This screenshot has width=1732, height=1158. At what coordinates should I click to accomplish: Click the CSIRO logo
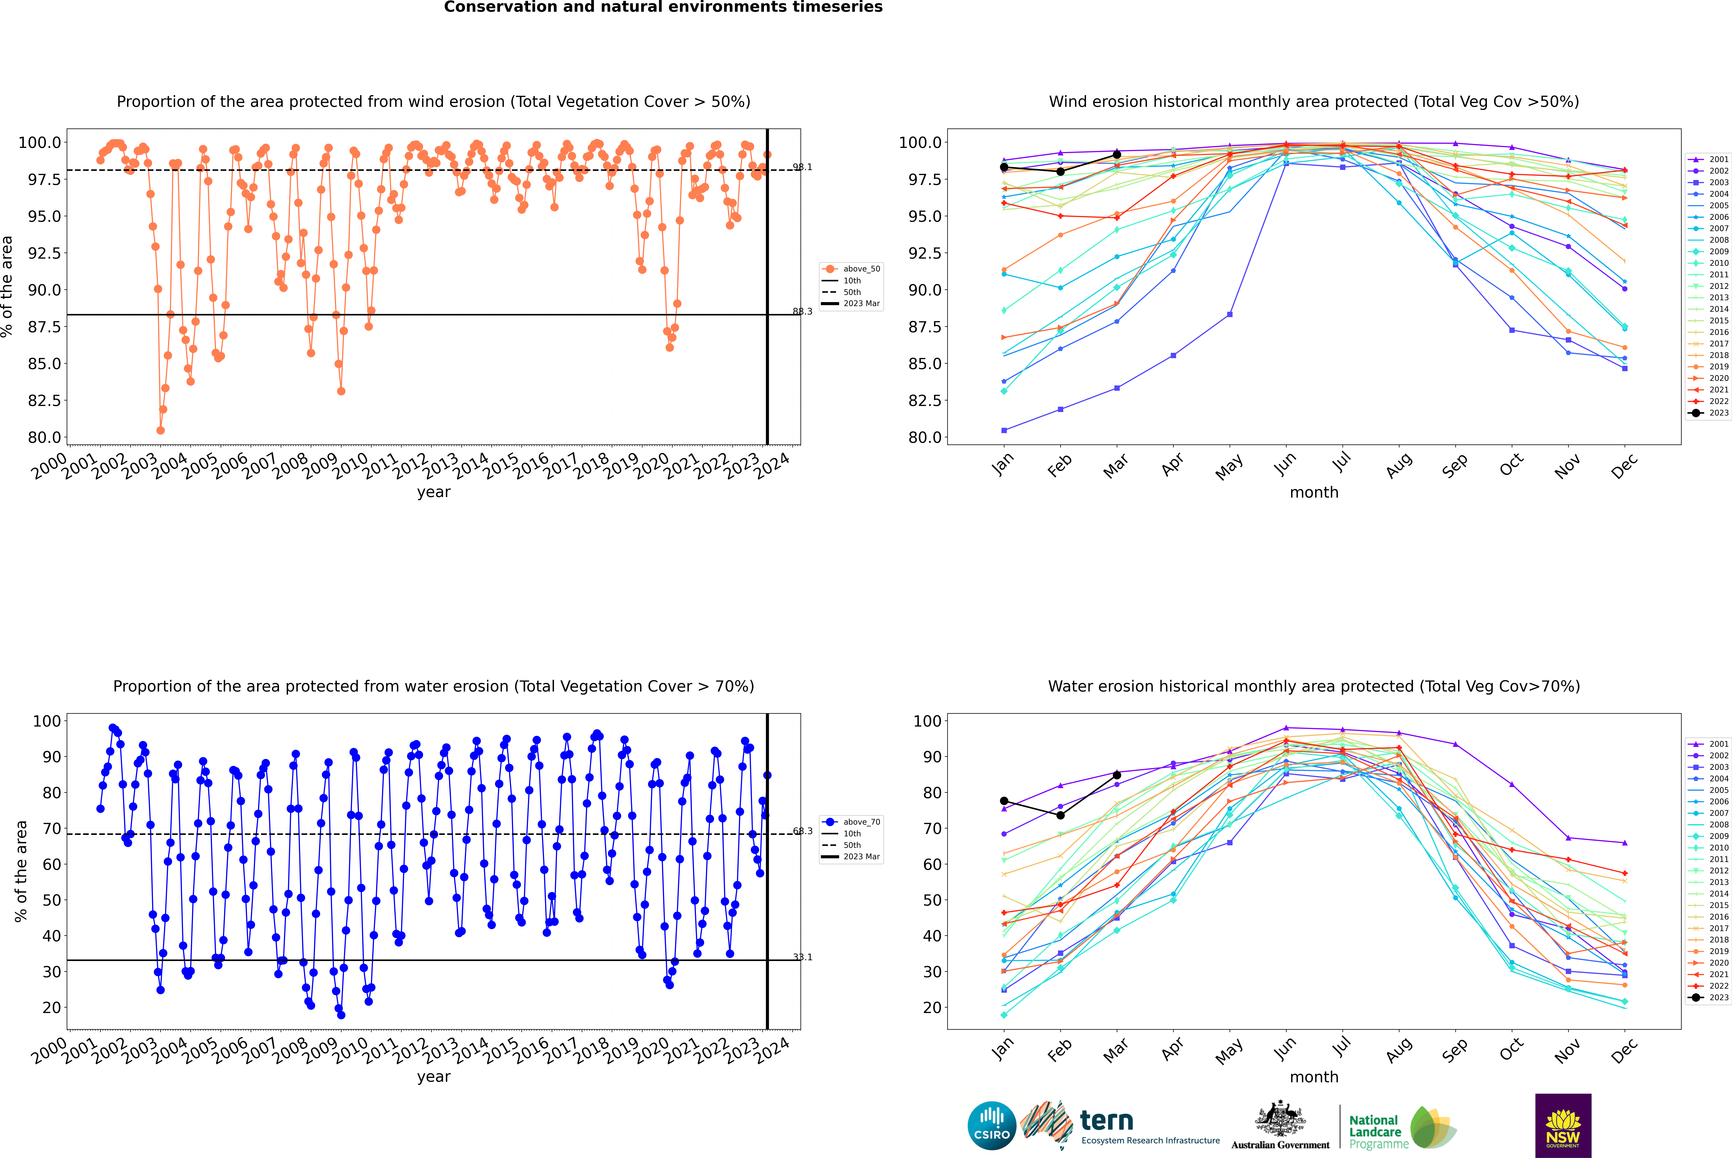(x=992, y=1126)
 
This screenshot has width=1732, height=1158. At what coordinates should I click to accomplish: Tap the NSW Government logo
(x=1563, y=1126)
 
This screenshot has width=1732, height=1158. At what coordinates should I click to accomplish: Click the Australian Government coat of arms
(x=1279, y=1118)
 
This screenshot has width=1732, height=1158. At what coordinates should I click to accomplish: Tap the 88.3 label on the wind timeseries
(x=803, y=312)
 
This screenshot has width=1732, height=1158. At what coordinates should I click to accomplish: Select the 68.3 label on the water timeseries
(x=803, y=831)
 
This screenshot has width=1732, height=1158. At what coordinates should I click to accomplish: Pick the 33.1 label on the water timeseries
(x=803, y=957)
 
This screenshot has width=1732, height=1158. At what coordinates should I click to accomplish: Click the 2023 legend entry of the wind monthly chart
(x=1718, y=413)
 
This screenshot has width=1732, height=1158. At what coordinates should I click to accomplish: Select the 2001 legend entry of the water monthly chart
(x=1718, y=744)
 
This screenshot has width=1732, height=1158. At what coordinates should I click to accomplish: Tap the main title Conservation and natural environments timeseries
(x=663, y=7)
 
